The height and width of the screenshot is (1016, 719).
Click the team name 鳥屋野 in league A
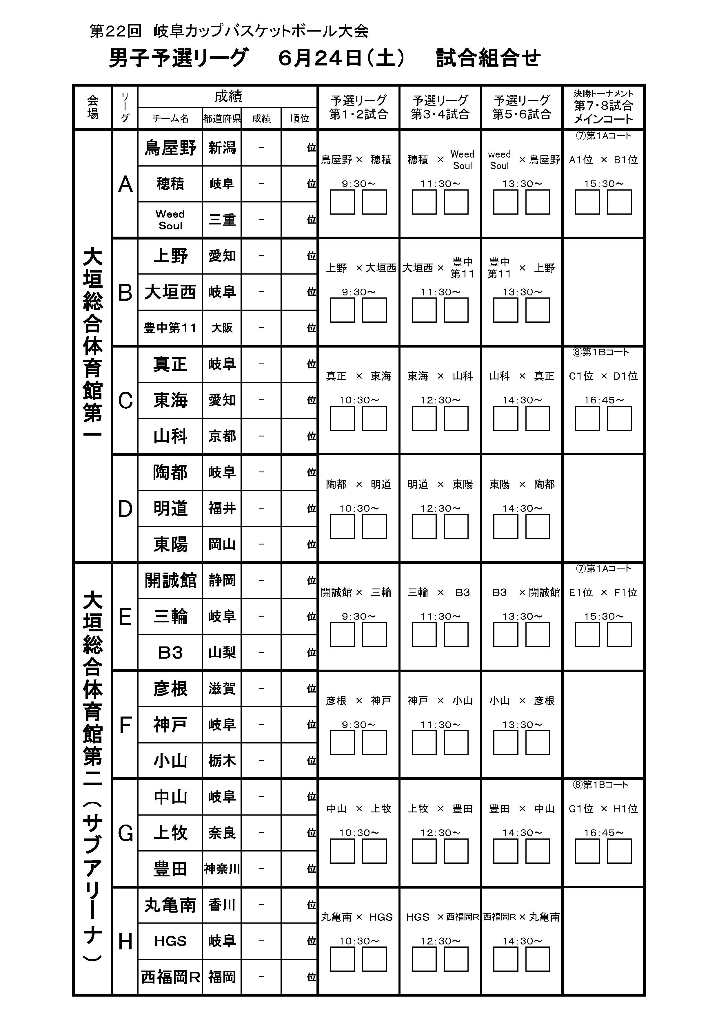pyautogui.click(x=170, y=148)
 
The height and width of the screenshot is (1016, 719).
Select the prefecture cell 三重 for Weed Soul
pyautogui.click(x=222, y=220)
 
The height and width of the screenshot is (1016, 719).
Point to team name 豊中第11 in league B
pyautogui.click(x=170, y=328)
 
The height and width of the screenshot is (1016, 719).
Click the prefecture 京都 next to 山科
pyautogui.click(x=222, y=436)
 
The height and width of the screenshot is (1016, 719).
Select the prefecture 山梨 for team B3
pyautogui.click(x=222, y=653)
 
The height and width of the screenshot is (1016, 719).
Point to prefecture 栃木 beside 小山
pyautogui.click(x=222, y=761)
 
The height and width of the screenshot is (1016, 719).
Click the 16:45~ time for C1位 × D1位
pyautogui.click(x=603, y=400)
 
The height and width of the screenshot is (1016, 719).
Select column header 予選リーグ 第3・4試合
pyautogui.click(x=440, y=107)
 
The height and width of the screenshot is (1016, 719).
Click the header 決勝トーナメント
pyautogui.click(x=603, y=94)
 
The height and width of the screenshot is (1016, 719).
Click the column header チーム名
pyautogui.click(x=170, y=118)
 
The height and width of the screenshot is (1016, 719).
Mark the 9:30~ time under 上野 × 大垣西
pyautogui.click(x=358, y=292)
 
